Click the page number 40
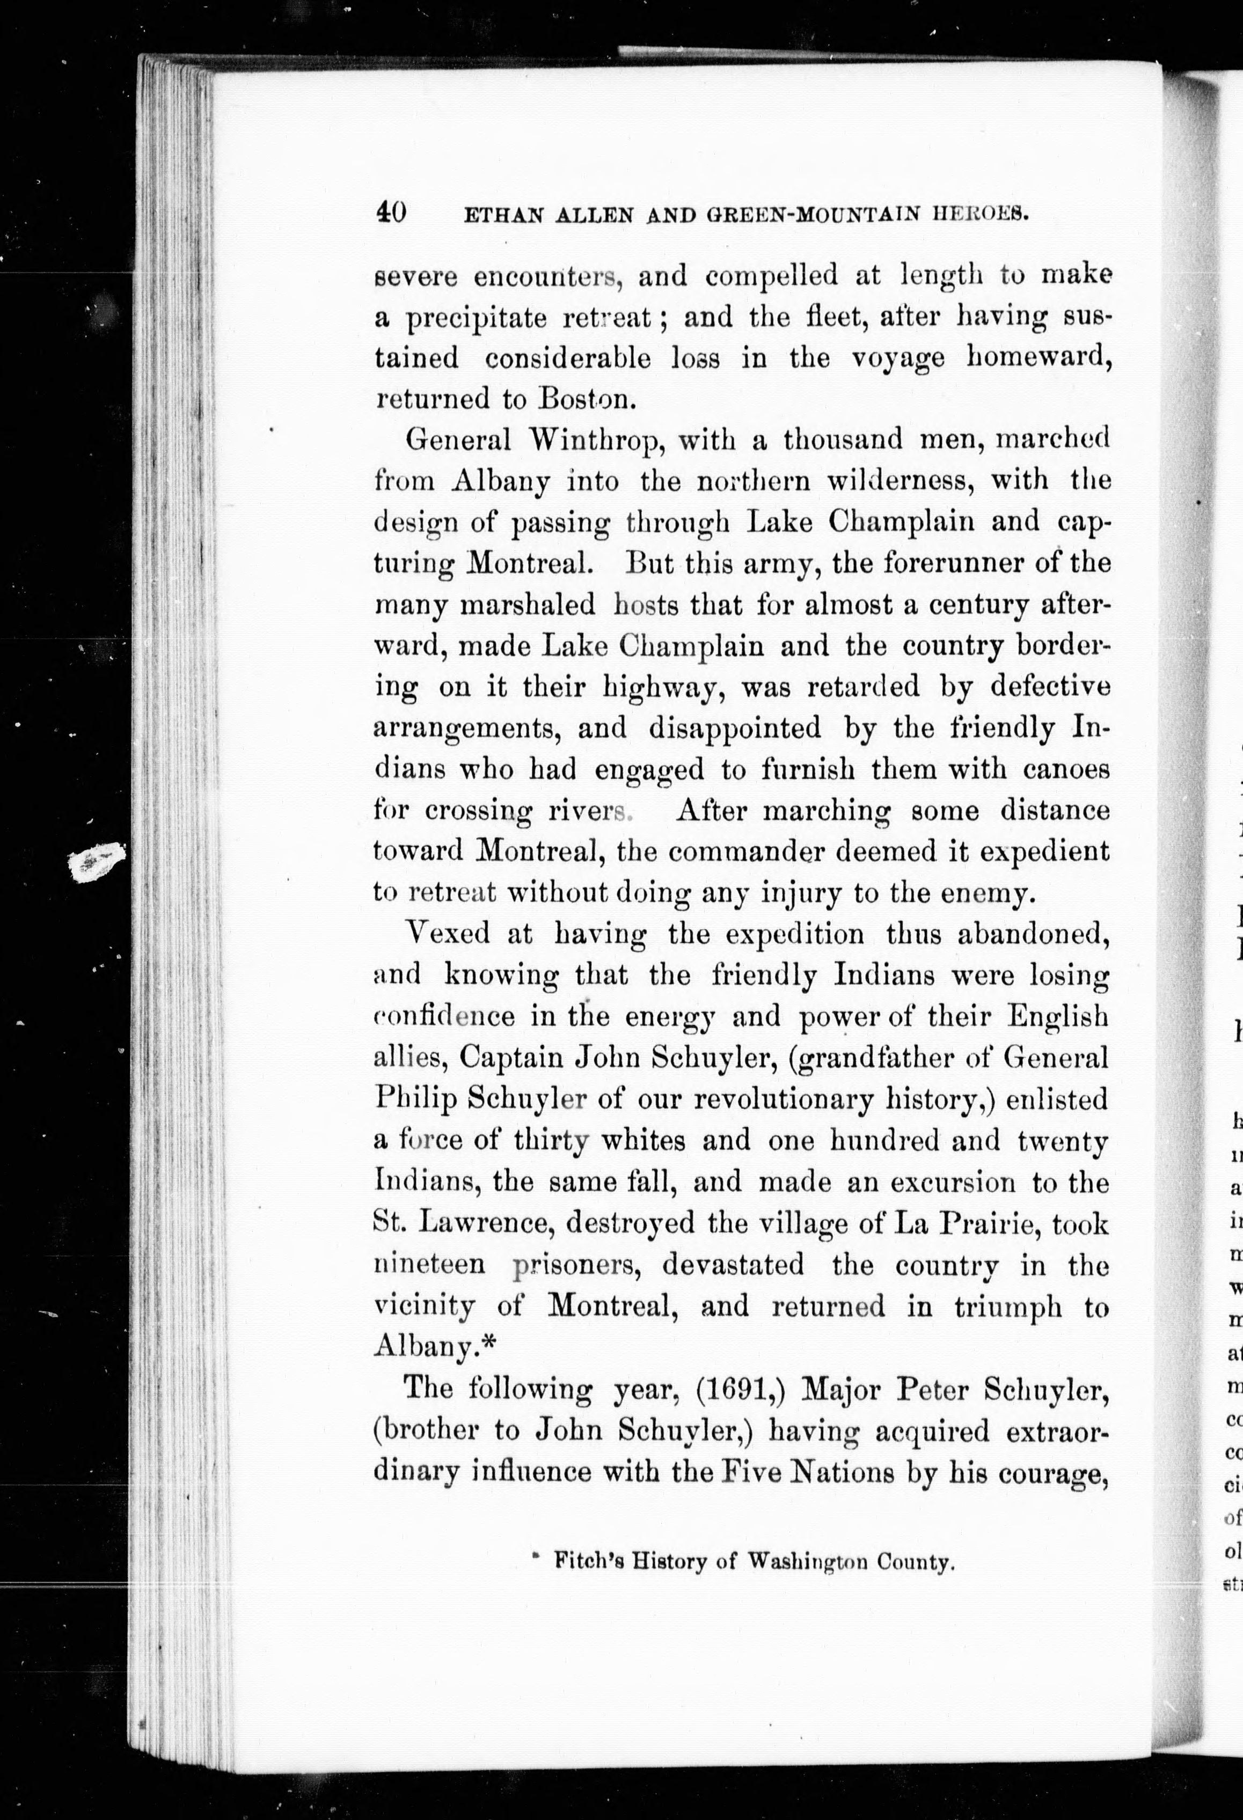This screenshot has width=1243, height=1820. point(390,212)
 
